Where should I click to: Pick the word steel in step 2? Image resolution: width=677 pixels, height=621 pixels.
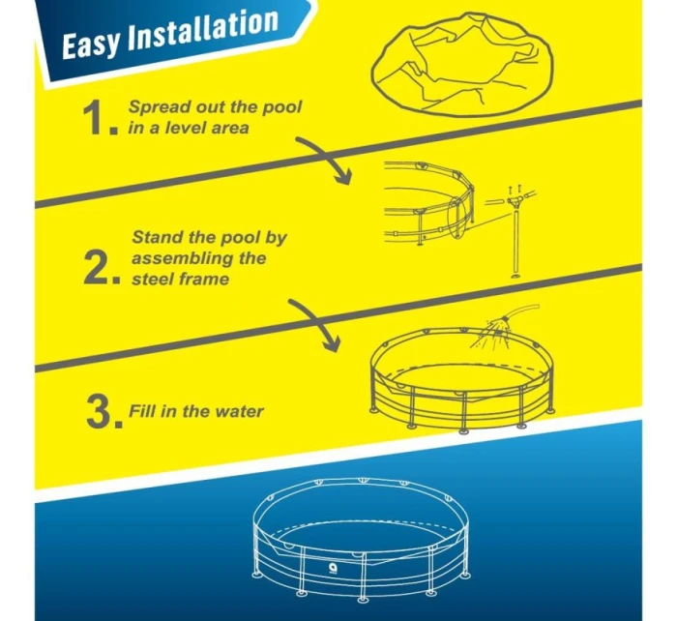pyautogui.click(x=152, y=279)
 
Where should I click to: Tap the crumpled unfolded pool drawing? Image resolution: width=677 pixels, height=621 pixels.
pyautogui.click(x=462, y=65)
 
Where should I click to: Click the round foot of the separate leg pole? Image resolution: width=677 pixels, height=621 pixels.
pyautogui.click(x=515, y=276)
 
